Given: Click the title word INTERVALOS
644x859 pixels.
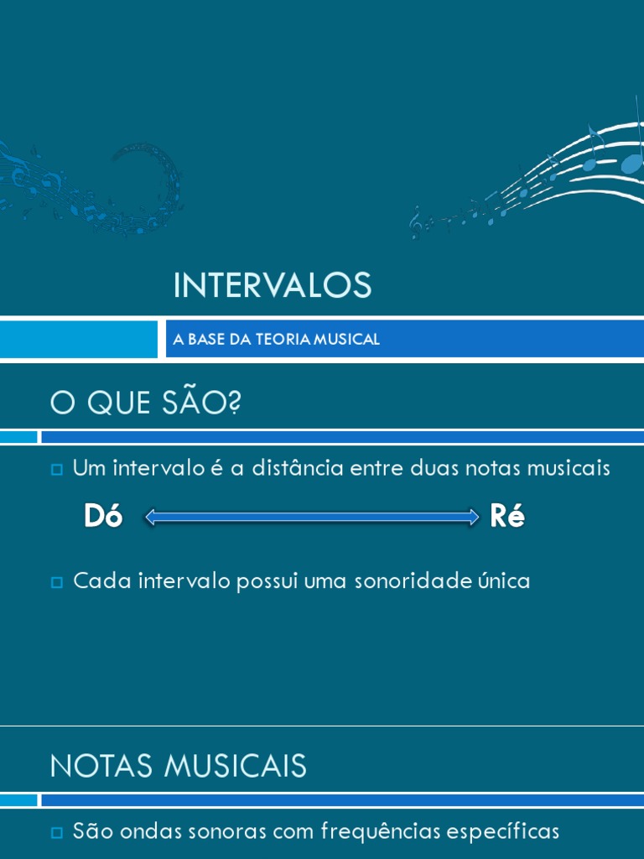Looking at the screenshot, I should tap(272, 286).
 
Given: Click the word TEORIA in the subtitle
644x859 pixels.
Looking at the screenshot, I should tap(278, 339).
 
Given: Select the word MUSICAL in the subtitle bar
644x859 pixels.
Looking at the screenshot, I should tap(345, 339).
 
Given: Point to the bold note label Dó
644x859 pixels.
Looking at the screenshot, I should tap(103, 517).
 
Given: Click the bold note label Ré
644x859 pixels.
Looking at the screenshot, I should tap(507, 517).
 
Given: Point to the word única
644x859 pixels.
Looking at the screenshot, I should tap(503, 580).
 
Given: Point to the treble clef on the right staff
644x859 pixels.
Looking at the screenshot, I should tap(416, 221).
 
